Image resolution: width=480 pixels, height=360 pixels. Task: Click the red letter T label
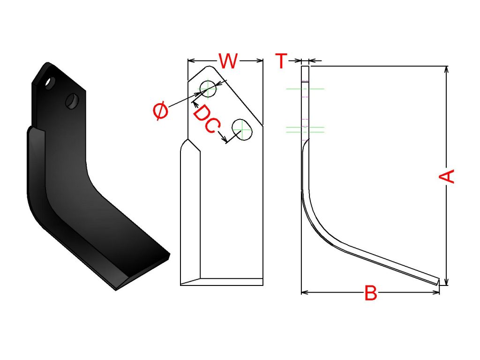(x=280, y=61)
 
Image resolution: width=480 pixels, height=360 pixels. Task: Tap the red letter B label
(x=370, y=294)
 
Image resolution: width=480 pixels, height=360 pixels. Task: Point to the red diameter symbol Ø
(x=160, y=112)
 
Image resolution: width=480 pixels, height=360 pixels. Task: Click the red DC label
(x=206, y=120)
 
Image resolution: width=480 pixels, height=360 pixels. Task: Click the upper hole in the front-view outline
(x=208, y=88)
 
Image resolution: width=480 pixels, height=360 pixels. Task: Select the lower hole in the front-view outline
(x=242, y=129)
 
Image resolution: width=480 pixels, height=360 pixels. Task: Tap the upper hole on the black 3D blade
(x=49, y=83)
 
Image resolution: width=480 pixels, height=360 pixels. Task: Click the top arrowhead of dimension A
(x=446, y=69)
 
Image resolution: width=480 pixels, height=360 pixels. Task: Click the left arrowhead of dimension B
(x=303, y=292)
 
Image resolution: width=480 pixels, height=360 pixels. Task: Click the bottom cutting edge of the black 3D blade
(x=141, y=272)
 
